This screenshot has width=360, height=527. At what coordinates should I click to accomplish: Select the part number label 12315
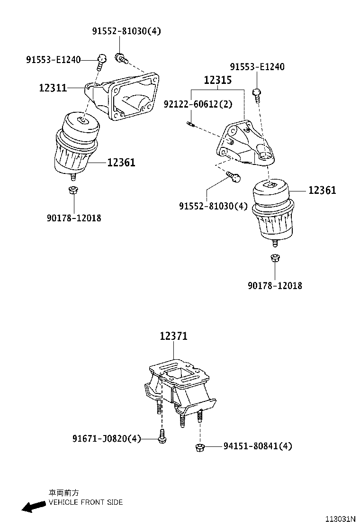[217, 80]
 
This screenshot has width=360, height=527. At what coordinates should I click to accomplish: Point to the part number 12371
[173, 336]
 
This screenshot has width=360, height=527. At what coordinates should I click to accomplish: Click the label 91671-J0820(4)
[107, 439]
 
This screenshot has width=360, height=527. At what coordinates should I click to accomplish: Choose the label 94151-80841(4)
[258, 446]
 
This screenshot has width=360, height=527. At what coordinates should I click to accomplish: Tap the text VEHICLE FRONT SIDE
[86, 502]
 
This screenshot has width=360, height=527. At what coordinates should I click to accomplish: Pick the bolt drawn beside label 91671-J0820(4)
[162, 437]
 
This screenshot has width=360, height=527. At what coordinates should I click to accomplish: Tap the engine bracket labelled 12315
[244, 145]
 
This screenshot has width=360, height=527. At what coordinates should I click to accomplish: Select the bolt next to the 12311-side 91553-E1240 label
[101, 60]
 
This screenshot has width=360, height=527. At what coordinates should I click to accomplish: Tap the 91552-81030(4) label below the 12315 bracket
[213, 206]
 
